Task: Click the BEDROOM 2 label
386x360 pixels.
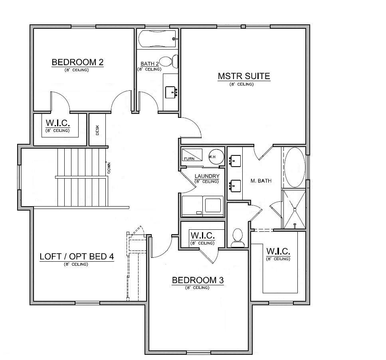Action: (x=77, y=62)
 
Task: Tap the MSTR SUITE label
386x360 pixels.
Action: (x=244, y=76)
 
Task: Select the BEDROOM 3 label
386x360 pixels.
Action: (x=198, y=280)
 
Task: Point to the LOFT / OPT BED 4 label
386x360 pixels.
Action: (x=77, y=257)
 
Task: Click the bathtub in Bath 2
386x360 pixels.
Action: (x=157, y=39)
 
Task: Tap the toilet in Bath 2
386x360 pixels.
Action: (x=168, y=62)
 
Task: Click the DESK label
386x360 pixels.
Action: (x=97, y=130)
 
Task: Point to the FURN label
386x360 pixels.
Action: (x=189, y=159)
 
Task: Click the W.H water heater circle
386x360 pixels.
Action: (x=216, y=157)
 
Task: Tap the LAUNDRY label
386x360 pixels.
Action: (x=207, y=176)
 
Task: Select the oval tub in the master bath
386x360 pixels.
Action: (x=295, y=167)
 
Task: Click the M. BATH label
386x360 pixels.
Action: (x=261, y=181)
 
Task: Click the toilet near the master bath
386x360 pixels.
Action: (x=238, y=238)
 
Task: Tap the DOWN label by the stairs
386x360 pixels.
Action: (x=109, y=168)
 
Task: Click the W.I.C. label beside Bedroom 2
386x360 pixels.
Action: (x=58, y=123)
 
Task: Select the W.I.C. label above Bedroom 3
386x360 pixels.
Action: (x=203, y=235)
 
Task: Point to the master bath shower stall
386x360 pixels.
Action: (x=294, y=209)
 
